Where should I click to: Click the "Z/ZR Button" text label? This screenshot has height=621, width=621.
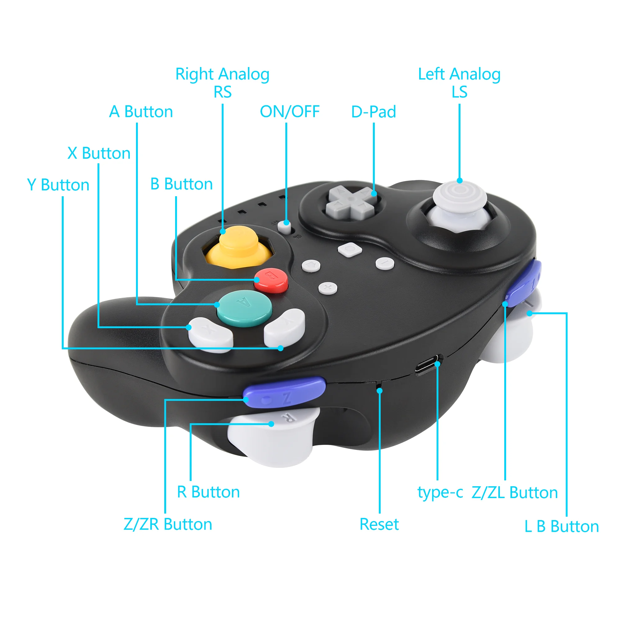pyautogui.click(x=168, y=524)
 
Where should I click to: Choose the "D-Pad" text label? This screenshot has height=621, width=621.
pyautogui.click(x=374, y=112)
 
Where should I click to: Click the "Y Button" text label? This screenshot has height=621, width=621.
pyautogui.click(x=58, y=185)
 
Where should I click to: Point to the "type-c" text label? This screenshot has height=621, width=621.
pyautogui.click(x=440, y=492)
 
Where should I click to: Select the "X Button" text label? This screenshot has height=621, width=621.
pyautogui.click(x=99, y=153)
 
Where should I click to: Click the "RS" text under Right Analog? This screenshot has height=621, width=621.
pyautogui.click(x=222, y=92)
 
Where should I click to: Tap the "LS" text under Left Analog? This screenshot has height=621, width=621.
pyautogui.click(x=459, y=92)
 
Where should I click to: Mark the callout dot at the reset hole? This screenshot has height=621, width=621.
pyautogui.click(x=380, y=391)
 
